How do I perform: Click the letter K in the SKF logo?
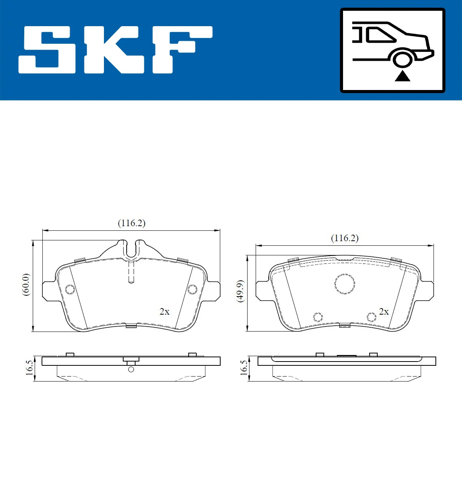114,50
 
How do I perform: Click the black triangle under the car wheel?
402,76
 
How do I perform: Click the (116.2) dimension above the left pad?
131,223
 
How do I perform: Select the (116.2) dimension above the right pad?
345,238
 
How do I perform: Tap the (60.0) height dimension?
26,285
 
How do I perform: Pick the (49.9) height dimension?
240,291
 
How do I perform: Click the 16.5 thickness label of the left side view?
29,368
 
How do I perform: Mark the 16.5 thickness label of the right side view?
243,368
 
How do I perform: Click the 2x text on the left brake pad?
164,312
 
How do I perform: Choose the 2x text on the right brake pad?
384,312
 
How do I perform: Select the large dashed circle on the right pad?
345,284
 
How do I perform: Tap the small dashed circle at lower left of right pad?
318,317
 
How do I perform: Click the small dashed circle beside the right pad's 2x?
372,317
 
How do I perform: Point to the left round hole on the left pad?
70,289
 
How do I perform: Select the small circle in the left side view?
131,370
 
